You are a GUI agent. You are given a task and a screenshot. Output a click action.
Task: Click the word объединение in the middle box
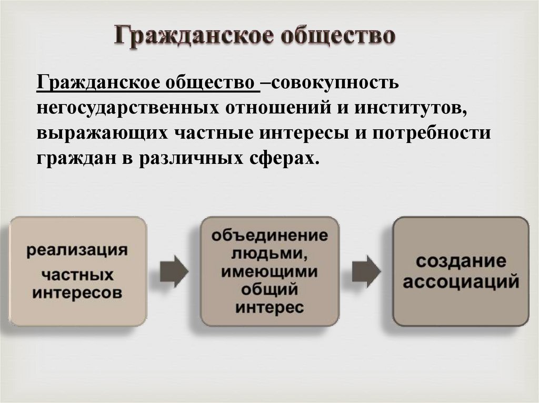[269, 235]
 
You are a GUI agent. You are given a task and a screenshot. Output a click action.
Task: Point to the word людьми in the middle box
[269, 254]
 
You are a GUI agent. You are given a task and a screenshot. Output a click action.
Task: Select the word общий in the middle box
[269, 290]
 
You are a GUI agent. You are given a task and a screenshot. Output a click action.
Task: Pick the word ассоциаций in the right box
[461, 282]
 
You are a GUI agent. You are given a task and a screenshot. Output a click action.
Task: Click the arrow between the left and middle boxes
[174, 271]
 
